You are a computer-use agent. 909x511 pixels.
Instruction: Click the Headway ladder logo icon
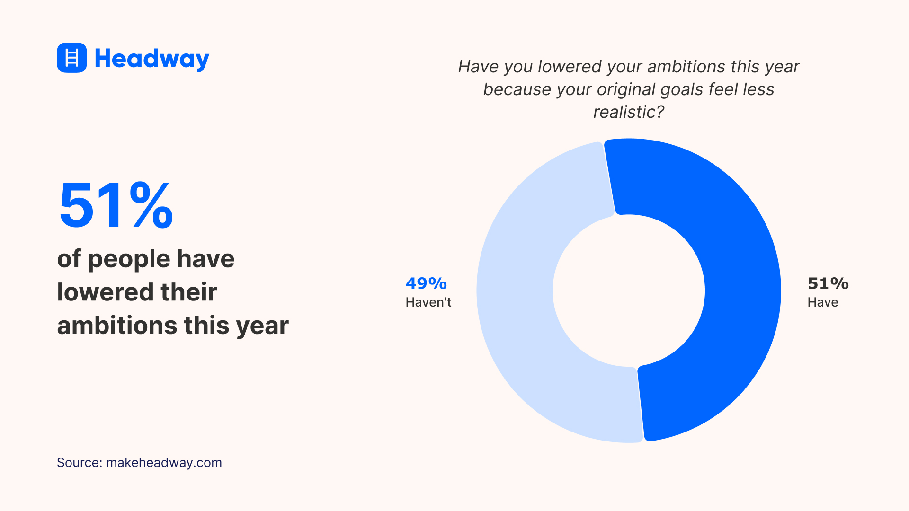72,58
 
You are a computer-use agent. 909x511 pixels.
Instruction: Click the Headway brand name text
151,59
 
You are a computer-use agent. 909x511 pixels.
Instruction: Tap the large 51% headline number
116,206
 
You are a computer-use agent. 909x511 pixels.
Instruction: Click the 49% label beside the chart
426,283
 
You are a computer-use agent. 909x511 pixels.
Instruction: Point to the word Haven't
428,302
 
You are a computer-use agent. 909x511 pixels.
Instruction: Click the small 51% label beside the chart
828,283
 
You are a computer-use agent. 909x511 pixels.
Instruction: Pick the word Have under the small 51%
823,302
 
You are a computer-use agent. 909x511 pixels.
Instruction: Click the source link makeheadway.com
164,463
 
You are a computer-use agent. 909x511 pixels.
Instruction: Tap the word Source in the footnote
78,463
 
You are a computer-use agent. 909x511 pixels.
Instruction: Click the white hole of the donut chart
629,291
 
